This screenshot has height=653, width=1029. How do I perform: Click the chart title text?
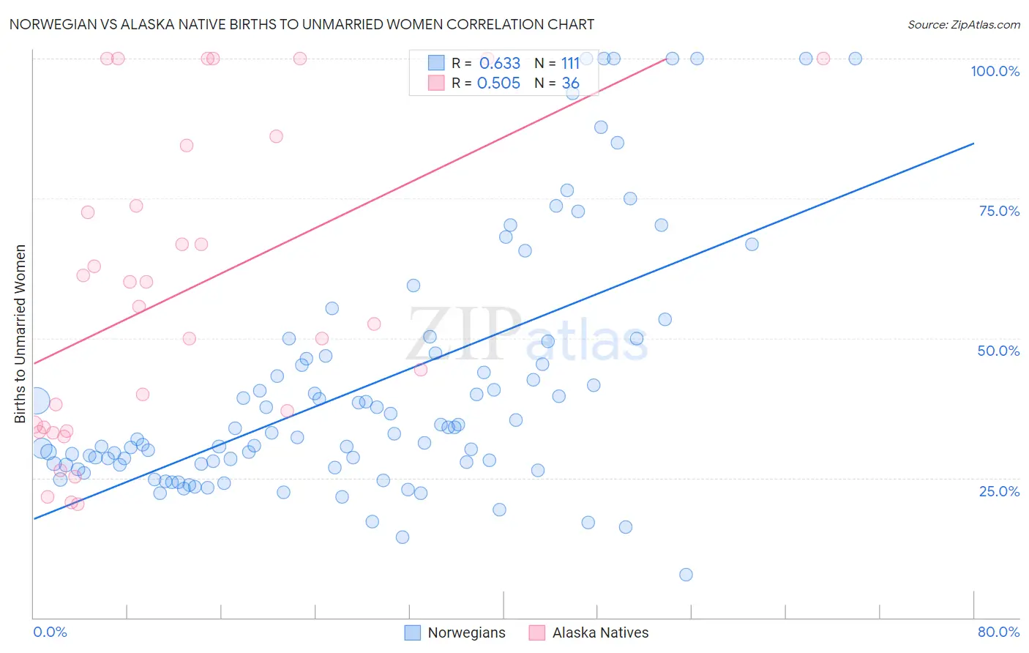[302, 24]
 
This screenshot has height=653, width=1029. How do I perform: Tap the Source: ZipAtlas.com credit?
[963, 24]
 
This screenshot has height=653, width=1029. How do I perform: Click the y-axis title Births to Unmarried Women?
[20, 334]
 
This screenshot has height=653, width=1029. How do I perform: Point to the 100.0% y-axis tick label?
[995, 71]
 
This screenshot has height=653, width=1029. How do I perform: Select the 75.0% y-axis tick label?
[999, 211]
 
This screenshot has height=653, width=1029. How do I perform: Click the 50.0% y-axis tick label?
[998, 351]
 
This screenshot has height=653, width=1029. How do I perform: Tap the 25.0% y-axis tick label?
[999, 491]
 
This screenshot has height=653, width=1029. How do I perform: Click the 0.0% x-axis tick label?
[50, 632]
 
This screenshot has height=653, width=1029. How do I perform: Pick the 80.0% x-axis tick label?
[998, 632]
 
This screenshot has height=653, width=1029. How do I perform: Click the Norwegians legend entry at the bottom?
[455, 633]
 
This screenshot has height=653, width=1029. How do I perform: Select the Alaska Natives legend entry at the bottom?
[589, 633]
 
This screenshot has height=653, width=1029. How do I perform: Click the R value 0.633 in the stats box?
[500, 64]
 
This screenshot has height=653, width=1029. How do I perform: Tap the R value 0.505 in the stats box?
[498, 83]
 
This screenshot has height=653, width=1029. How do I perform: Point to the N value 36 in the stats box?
[570, 83]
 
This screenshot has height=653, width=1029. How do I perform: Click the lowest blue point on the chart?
[686, 575]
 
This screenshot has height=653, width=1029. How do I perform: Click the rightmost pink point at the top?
[823, 59]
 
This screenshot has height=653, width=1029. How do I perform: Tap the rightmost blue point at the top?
[855, 59]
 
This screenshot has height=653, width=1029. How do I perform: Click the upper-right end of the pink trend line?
[666, 59]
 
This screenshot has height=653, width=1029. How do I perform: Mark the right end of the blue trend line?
[973, 143]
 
